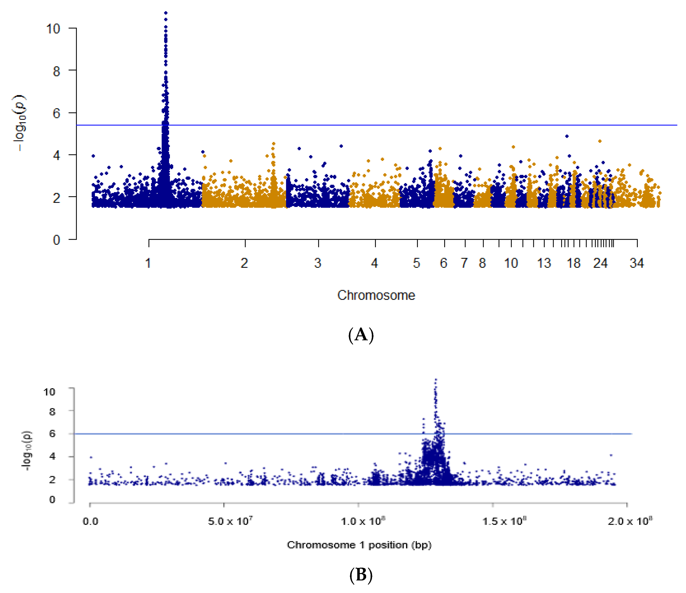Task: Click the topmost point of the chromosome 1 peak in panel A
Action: coord(166,13)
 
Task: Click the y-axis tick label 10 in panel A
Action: coord(53,29)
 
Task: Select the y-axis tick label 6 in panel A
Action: coord(56,113)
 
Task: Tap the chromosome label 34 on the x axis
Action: coord(636,264)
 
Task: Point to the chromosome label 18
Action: coord(573,264)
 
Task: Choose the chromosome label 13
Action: coord(544,264)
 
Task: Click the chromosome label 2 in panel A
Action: coord(244,264)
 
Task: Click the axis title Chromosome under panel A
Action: coord(376,295)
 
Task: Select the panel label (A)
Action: coord(361,335)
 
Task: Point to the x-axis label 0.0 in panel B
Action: coord(90,522)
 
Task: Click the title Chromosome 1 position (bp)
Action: coord(359,545)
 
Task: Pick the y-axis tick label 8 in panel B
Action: coord(52,412)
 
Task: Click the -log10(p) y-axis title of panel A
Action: coord(20,123)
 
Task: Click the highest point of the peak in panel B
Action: coord(436,380)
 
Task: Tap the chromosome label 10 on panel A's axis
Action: coord(511,264)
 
